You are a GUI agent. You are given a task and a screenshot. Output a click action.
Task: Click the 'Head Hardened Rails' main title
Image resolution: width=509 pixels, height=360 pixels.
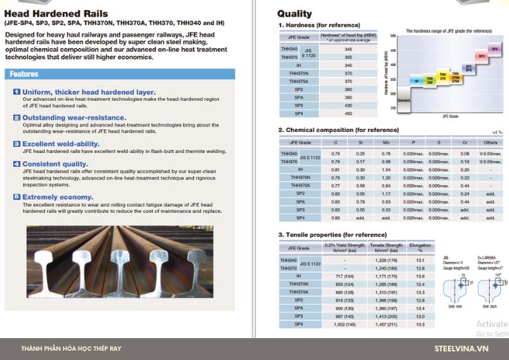46,13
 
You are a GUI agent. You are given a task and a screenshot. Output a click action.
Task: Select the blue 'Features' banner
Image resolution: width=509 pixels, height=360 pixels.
24,74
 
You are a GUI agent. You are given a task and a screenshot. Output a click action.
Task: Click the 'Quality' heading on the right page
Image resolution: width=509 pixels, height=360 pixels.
294,13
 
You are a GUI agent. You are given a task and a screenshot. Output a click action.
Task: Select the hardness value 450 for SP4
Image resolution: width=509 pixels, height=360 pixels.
349,113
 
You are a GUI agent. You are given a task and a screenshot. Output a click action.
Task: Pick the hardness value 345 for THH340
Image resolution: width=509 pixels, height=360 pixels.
349,49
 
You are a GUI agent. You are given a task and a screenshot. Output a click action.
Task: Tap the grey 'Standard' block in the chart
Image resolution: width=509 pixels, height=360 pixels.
404,100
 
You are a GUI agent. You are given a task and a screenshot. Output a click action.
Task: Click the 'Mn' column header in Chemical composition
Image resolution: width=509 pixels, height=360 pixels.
386,142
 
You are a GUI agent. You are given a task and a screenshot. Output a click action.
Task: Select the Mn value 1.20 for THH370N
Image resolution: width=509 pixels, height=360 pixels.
386,177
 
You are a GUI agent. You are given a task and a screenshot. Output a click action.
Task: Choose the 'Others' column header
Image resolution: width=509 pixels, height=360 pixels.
490,142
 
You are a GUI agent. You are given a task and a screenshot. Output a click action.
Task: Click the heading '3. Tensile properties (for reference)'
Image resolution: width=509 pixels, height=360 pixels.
329,235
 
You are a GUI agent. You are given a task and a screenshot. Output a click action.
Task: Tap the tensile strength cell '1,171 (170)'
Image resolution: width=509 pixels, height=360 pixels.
386,276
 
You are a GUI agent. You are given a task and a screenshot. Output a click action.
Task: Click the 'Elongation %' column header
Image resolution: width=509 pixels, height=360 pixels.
420,247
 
